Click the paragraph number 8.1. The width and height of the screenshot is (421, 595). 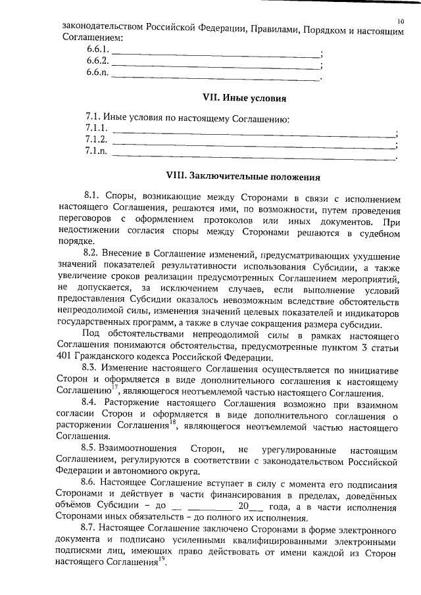pyautogui.click(x=93, y=197)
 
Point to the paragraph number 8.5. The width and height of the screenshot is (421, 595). pyautogui.click(x=93, y=448)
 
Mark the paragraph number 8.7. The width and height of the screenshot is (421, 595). pyautogui.click(x=92, y=529)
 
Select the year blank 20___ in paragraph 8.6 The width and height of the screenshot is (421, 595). pyautogui.click(x=251, y=507)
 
